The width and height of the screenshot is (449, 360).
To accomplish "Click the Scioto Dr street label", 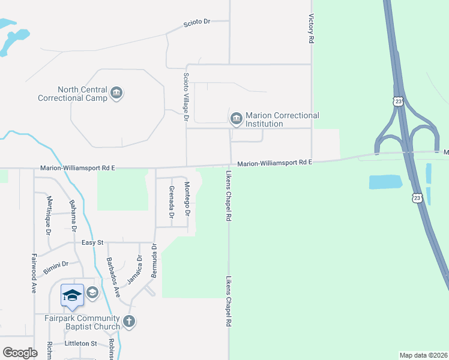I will [197, 22].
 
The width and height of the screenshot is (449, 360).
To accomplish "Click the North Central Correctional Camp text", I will [73, 94].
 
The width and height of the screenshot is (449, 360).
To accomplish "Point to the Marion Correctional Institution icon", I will [236, 118].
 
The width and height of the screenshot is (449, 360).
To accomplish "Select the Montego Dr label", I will [187, 199].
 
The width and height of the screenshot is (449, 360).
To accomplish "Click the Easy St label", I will [93, 242].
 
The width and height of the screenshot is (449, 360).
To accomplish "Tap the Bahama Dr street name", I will [74, 215].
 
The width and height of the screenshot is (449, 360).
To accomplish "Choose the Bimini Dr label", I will [56, 267].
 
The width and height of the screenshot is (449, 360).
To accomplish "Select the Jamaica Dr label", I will [134, 271].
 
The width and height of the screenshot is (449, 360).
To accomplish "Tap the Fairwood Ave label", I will [34, 274].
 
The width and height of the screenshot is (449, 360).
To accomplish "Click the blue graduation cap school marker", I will [72, 295].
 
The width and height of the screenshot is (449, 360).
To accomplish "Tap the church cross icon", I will [128, 322].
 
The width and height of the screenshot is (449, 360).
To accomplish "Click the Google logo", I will [20, 353].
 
